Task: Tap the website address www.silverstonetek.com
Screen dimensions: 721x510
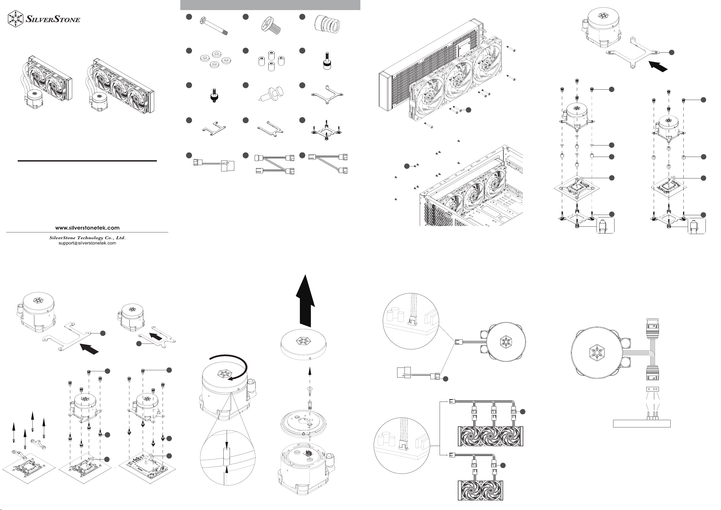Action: [x=87, y=228]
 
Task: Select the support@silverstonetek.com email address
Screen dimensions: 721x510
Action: [x=87, y=243]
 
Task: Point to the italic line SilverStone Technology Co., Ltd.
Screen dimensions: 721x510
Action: [x=87, y=238]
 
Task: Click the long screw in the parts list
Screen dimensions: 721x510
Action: [x=214, y=26]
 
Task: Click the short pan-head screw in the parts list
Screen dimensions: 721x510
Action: [x=271, y=25]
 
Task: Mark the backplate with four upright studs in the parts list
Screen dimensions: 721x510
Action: [x=327, y=132]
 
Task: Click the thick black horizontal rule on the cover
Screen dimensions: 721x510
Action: [x=87, y=161]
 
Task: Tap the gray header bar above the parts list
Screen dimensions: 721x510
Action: [x=270, y=5]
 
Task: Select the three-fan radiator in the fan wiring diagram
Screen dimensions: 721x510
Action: [x=491, y=436]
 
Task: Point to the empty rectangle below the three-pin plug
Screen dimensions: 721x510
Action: [x=642, y=424]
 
